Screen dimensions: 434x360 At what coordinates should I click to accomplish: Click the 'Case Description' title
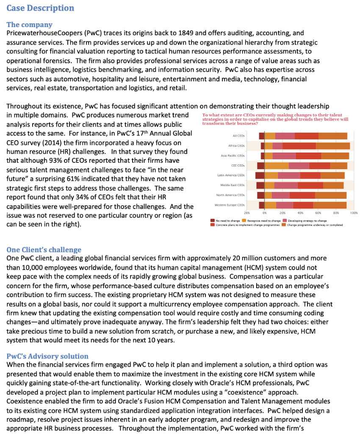40,8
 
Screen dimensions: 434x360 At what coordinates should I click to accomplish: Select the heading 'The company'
30,25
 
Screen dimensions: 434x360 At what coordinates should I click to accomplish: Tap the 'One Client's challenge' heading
44,250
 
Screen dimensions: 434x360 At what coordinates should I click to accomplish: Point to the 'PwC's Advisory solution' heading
47,356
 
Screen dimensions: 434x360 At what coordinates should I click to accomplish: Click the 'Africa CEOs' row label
236,145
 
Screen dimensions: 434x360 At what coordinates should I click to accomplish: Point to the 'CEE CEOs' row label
237,165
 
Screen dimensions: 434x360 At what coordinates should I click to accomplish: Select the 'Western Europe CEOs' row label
230,205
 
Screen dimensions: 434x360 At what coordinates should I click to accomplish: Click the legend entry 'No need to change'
227,221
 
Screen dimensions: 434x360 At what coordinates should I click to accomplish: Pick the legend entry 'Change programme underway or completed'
315,225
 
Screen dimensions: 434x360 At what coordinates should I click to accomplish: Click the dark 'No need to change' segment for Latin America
260,175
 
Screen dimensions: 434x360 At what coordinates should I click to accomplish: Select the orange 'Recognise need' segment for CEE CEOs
277,165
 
